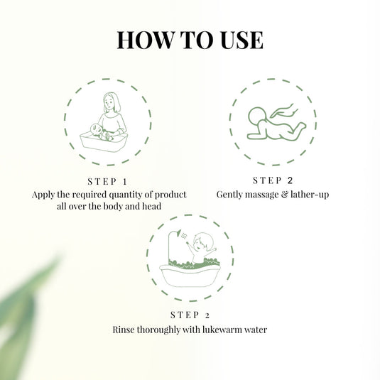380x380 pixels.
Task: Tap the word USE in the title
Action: pos(239,40)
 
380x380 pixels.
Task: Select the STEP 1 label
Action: pos(109,181)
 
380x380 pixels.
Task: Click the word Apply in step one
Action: pos(43,195)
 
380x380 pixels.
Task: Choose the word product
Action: pos(170,195)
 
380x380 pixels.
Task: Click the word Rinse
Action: pos(125,330)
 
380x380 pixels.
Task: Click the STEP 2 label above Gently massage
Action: pos(273,180)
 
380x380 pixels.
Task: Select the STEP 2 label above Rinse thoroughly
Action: pos(190,315)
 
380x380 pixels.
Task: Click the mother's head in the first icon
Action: pos(110,102)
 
